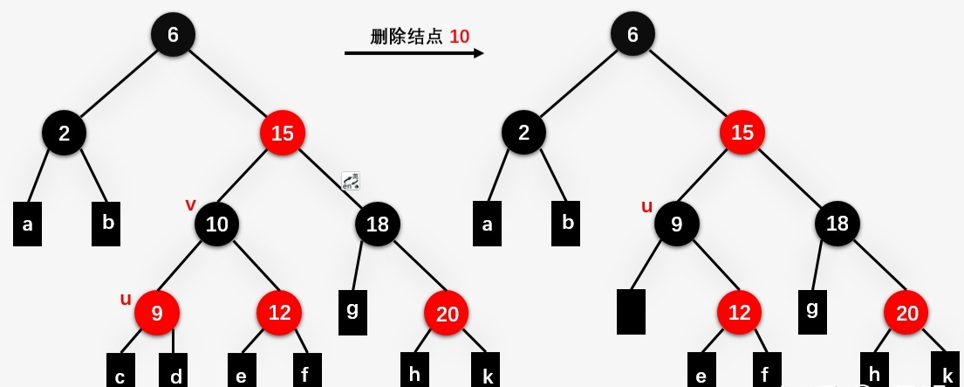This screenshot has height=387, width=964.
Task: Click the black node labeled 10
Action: tap(216, 225)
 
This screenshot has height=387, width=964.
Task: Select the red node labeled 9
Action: tap(157, 313)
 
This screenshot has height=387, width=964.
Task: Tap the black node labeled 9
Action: tap(677, 225)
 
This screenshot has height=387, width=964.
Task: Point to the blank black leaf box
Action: tap(631, 312)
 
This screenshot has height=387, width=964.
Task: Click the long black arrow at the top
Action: tap(414, 53)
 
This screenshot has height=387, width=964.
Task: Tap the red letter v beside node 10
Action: tap(190, 204)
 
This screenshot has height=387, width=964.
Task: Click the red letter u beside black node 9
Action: tap(646, 206)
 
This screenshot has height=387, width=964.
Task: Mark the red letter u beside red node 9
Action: tap(126, 299)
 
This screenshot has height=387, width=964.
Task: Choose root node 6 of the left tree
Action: tap(173, 34)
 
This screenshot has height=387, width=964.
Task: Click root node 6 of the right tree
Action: tap(632, 34)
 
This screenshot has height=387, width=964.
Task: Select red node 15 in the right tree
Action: tap(742, 134)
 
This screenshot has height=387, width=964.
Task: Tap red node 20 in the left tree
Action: tap(447, 314)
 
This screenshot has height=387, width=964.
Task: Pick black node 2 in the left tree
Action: tap(65, 134)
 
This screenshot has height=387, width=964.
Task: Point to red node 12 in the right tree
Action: tap(739, 314)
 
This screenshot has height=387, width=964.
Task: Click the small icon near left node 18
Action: tap(351, 181)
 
